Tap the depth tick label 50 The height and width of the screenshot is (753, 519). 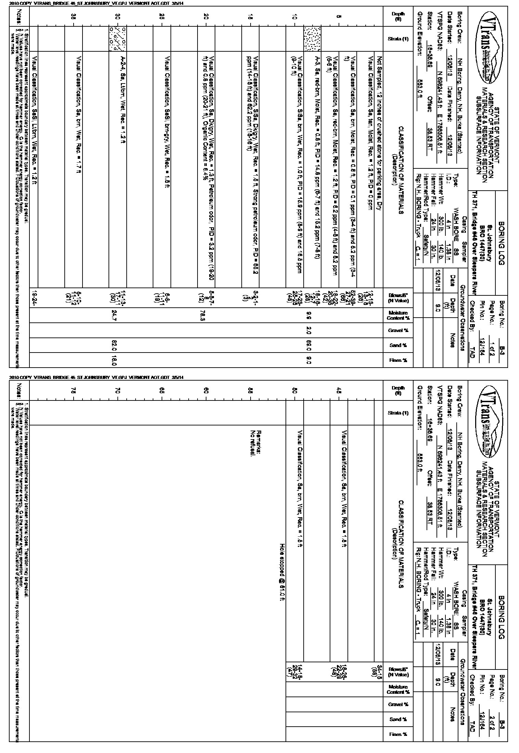pos(294,391)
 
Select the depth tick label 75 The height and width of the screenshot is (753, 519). pos(73,391)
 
